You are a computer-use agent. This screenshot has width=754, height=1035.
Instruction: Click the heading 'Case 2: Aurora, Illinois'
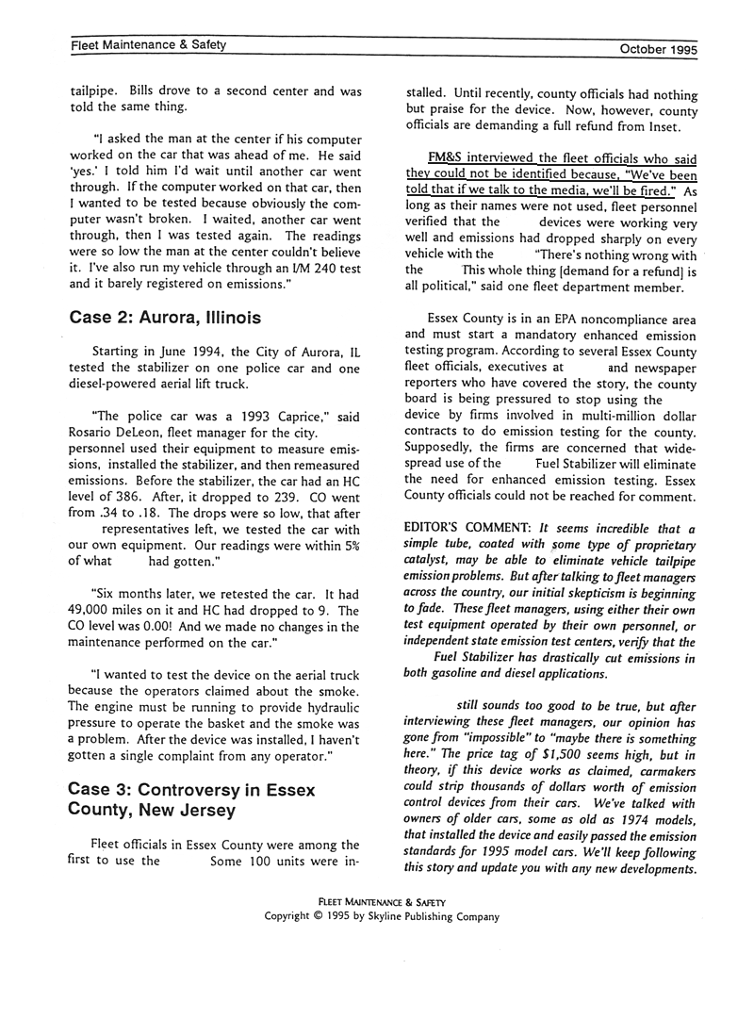coord(165,318)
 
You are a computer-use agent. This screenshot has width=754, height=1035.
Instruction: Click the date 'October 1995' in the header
coord(658,48)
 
